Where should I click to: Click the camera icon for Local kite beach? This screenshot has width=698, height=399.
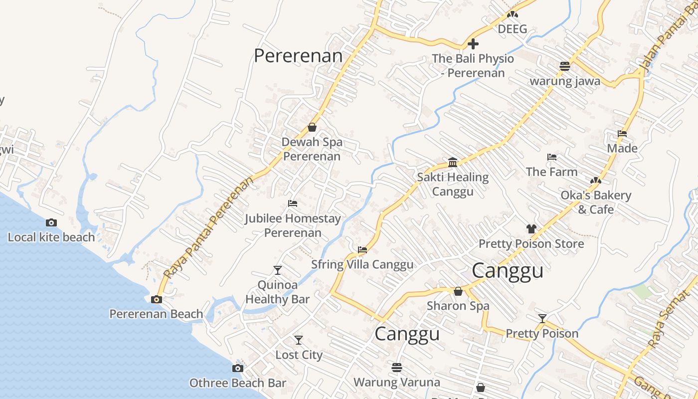(x=51, y=222)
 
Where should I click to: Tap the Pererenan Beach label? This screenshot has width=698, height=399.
(x=156, y=314)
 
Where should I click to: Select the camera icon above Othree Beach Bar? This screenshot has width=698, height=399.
(x=238, y=368)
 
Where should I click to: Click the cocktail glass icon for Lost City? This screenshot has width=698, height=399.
(x=299, y=340)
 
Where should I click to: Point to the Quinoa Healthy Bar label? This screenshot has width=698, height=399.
(x=277, y=292)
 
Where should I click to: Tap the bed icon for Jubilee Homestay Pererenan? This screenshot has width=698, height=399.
(x=293, y=203)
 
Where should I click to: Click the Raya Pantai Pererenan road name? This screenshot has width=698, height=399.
(x=208, y=227)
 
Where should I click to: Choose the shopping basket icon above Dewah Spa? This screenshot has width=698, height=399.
(x=312, y=127)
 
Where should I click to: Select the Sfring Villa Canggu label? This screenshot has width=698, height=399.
(x=362, y=264)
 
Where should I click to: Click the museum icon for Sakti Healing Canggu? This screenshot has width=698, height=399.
(x=453, y=162)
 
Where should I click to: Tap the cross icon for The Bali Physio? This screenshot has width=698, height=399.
(x=473, y=44)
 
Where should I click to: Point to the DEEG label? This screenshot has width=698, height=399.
(x=513, y=29)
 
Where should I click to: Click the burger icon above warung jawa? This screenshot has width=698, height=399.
(x=565, y=66)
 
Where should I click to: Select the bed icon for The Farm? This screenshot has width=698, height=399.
(x=552, y=157)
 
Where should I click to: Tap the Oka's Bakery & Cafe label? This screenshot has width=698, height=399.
(x=596, y=202)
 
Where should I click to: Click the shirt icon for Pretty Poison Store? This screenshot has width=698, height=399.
(x=531, y=229)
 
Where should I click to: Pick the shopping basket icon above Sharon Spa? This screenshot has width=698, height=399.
(x=458, y=291)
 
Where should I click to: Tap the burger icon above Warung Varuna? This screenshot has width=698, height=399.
(x=397, y=368)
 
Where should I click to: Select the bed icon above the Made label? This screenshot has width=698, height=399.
(x=622, y=134)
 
